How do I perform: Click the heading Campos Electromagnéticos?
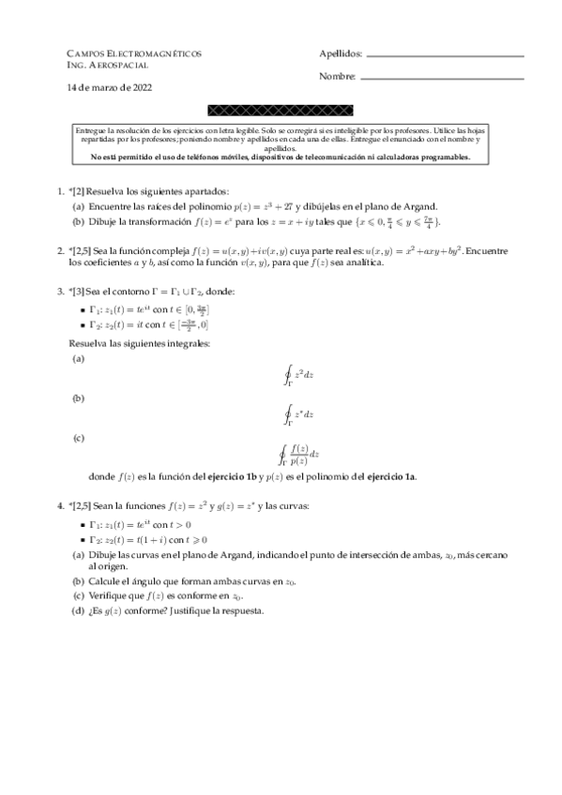[x=134, y=54]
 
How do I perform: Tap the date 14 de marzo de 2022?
[x=110, y=87]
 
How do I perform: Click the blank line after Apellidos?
[x=445, y=57]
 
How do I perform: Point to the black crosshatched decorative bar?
[x=281, y=111]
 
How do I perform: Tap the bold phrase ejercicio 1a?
[x=391, y=477]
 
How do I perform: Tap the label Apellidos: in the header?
[x=340, y=54]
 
